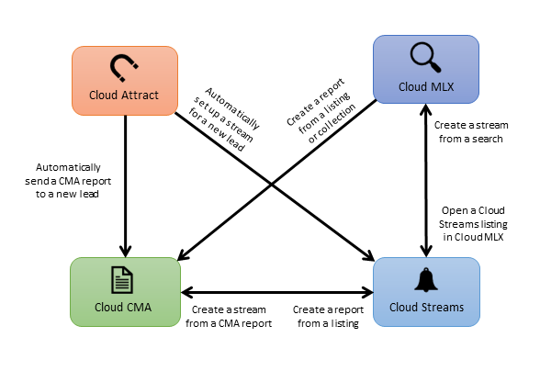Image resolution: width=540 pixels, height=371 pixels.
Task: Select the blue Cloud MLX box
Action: click(x=425, y=69)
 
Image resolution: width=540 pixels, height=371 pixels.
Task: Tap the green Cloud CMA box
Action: click(x=124, y=291)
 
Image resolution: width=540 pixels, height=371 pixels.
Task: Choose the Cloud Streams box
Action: click(x=425, y=291)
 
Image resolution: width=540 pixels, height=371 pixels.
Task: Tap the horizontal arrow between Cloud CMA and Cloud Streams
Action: click(x=276, y=293)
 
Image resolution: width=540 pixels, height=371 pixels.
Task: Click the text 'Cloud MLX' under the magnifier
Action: click(x=425, y=87)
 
